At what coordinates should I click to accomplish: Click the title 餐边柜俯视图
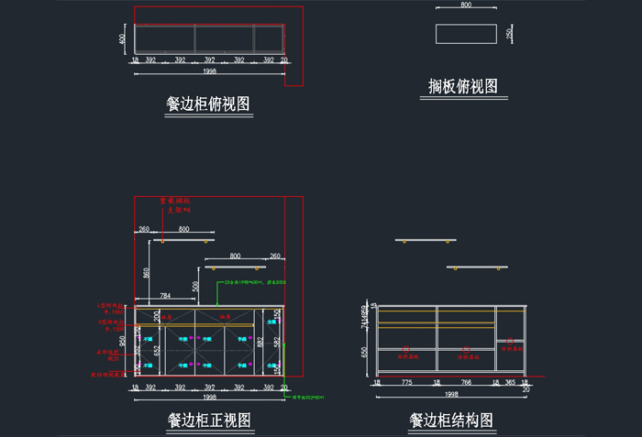[208, 104]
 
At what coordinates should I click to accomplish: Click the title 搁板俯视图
[463, 87]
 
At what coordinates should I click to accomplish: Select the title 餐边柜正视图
[209, 421]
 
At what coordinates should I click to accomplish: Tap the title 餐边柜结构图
[451, 421]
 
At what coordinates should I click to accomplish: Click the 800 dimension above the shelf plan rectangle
[466, 5]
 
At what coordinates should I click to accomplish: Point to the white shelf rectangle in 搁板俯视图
[465, 33]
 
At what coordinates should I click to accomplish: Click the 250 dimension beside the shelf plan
[510, 33]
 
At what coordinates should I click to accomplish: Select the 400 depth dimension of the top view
[122, 38]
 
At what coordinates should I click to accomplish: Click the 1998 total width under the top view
[209, 71]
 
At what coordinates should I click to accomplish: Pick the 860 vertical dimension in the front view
[146, 272]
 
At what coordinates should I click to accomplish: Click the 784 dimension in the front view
[165, 296]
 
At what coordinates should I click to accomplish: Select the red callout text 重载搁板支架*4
[174, 205]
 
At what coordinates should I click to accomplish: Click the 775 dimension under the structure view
[406, 384]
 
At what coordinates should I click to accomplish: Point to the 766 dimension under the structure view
[466, 384]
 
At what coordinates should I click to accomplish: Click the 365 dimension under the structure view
[510, 384]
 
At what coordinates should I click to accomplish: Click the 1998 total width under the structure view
[451, 395]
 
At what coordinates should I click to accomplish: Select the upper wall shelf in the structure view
[426, 240]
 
